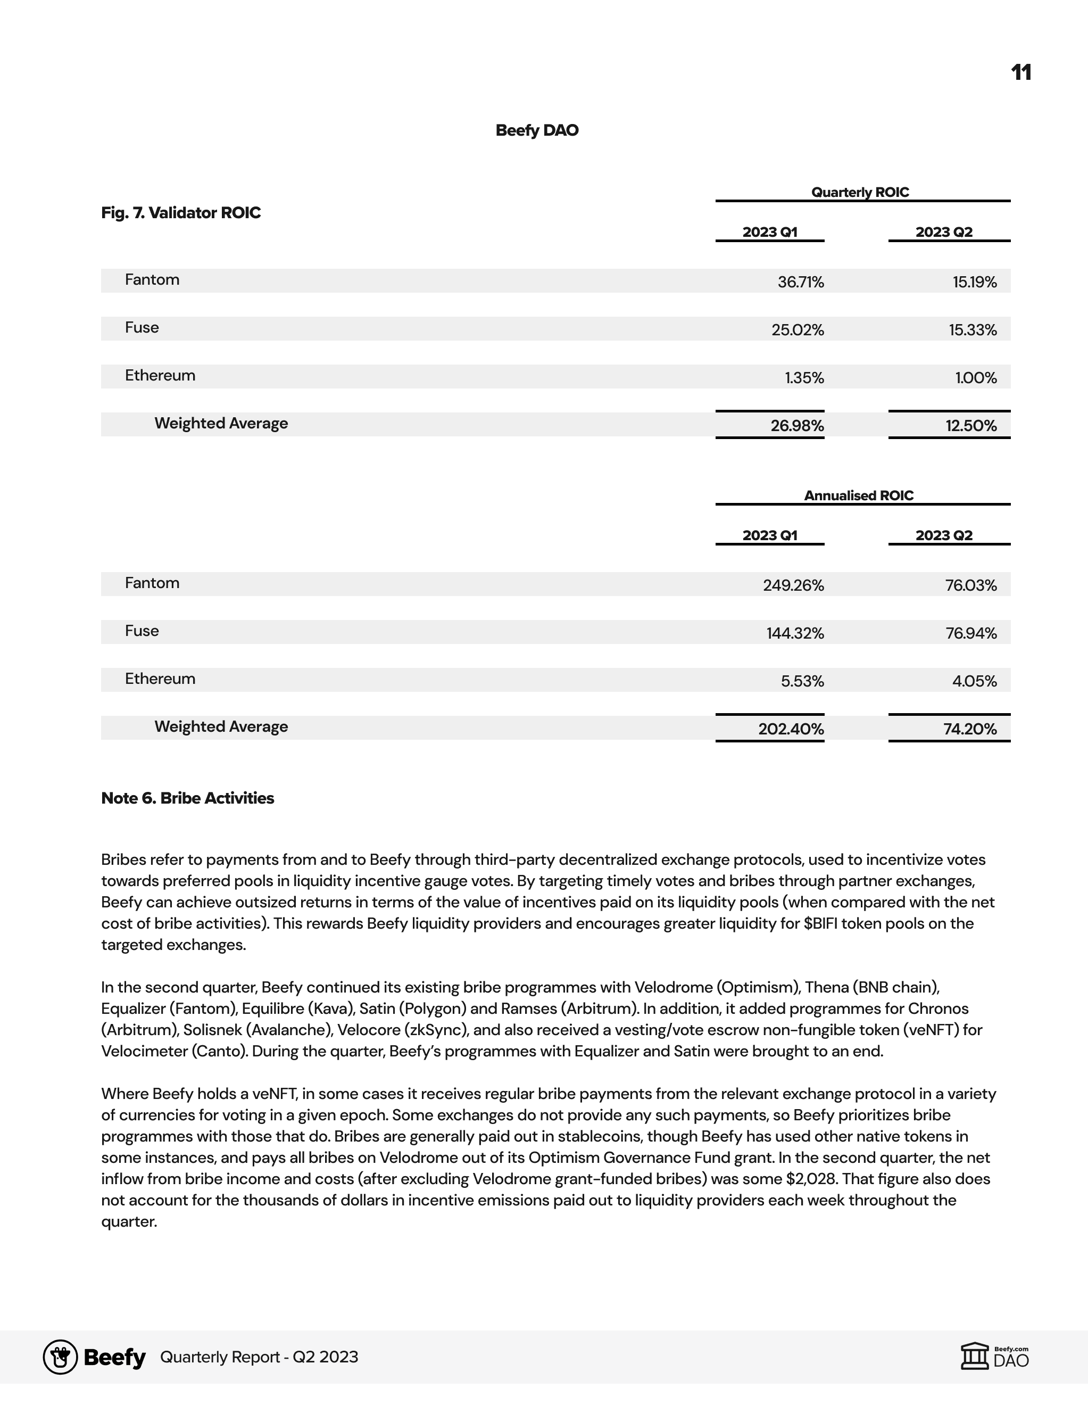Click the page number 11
click(1020, 72)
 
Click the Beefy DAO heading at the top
click(537, 130)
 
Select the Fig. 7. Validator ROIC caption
click(181, 213)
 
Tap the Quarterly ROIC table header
click(860, 192)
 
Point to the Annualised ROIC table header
click(859, 495)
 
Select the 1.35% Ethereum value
click(804, 378)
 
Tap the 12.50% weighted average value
click(970, 426)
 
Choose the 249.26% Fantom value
click(793, 585)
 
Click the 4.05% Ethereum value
click(974, 681)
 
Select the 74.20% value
click(970, 729)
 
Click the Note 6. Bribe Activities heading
click(188, 798)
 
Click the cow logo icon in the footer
click(61, 1358)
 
